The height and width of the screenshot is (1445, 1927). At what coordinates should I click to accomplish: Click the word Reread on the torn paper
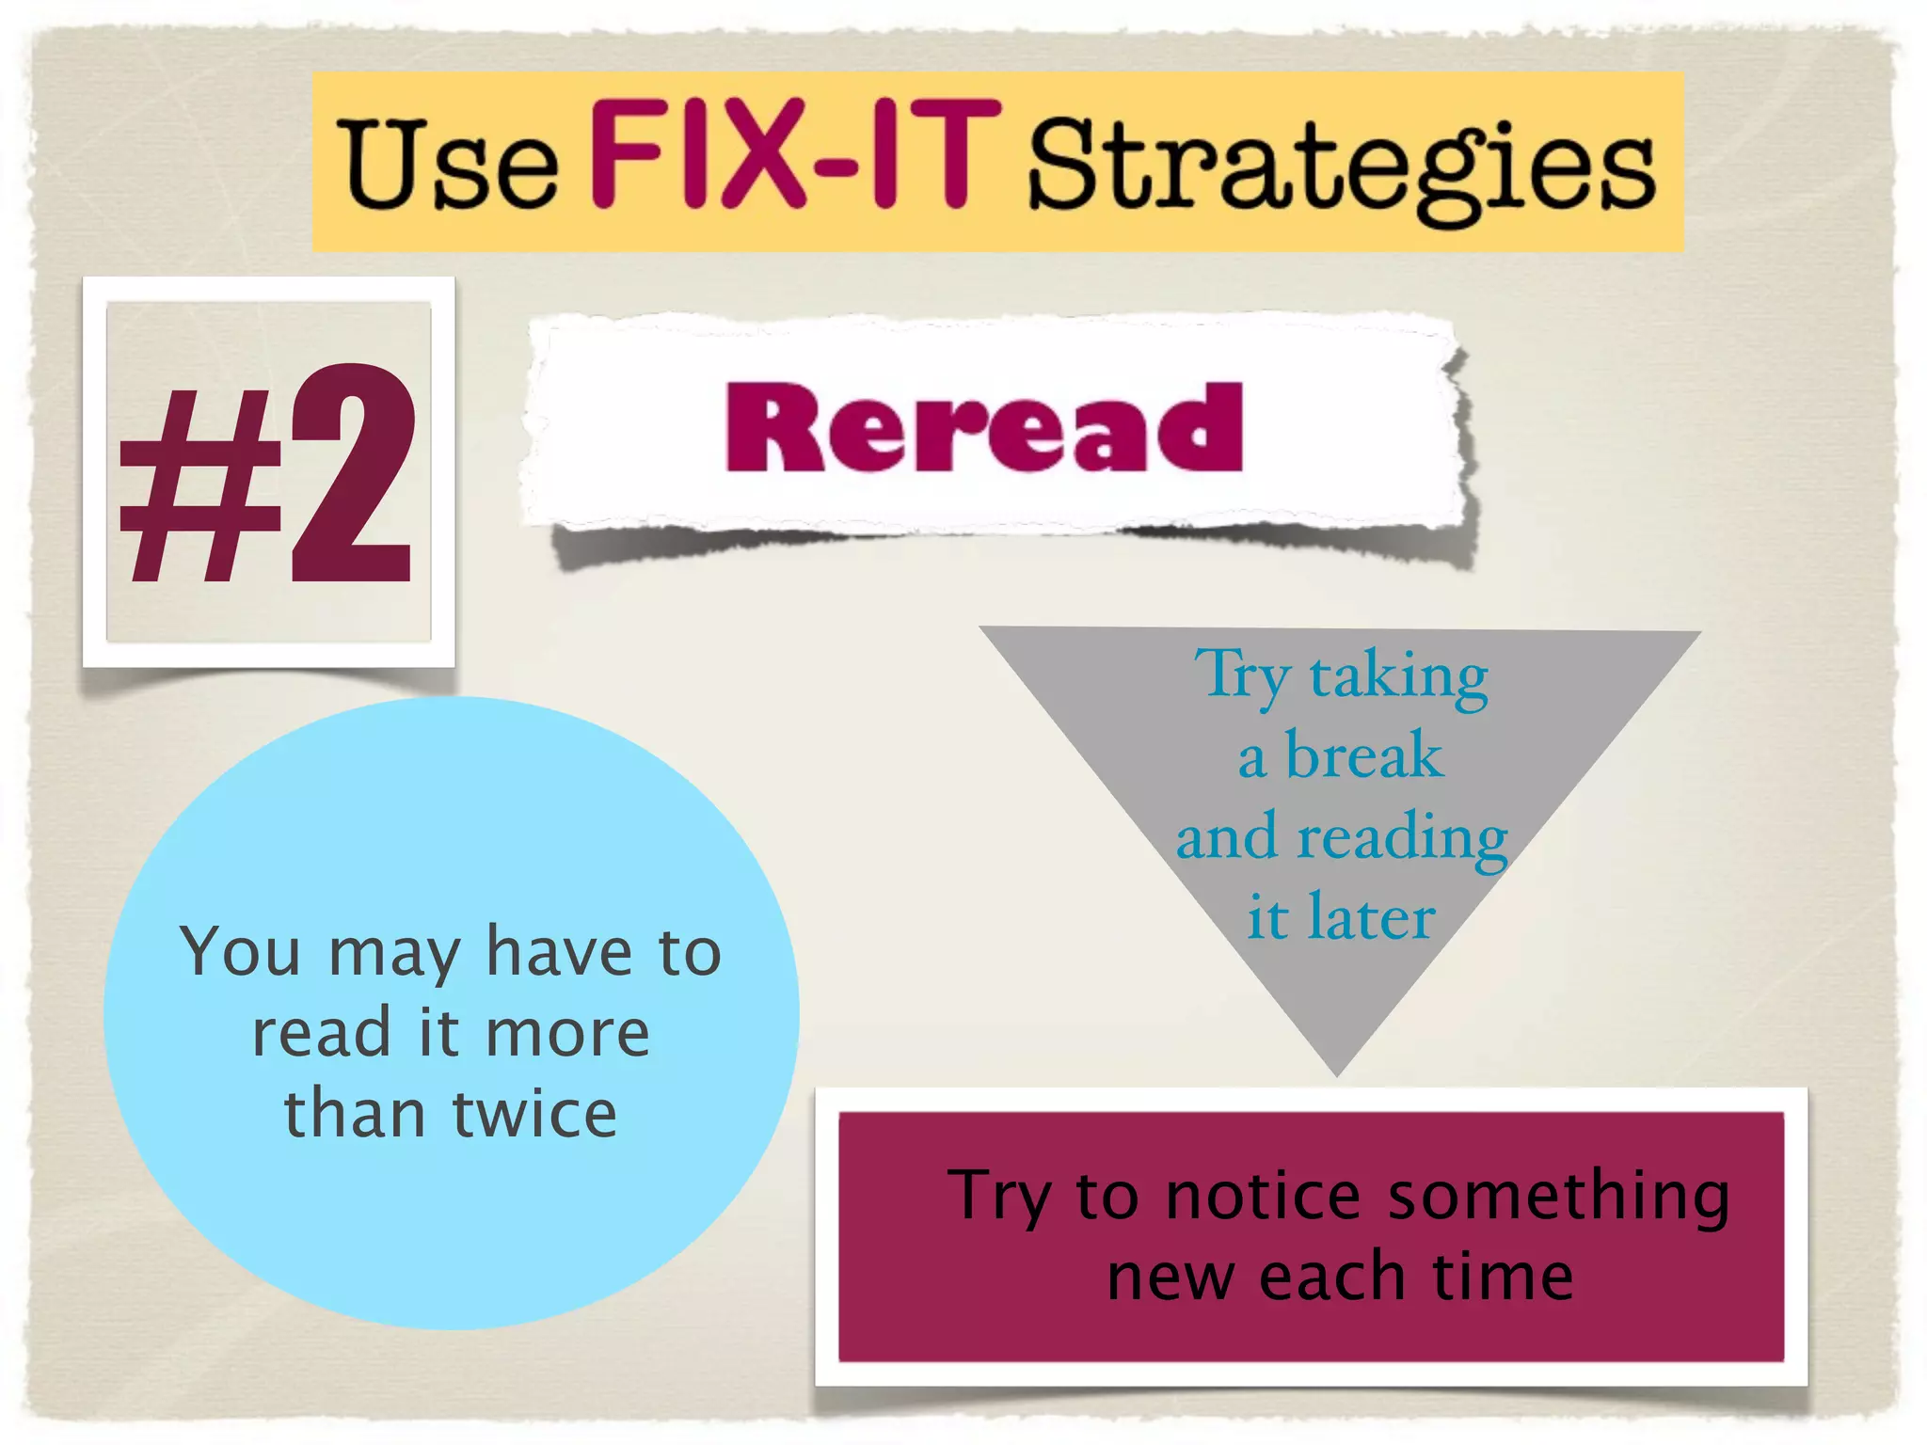(x=984, y=428)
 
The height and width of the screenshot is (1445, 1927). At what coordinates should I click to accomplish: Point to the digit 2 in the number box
(x=351, y=475)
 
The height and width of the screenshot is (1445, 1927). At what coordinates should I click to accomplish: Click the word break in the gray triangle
(x=1363, y=755)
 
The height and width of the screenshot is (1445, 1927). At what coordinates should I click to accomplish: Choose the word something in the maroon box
(x=1558, y=1197)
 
